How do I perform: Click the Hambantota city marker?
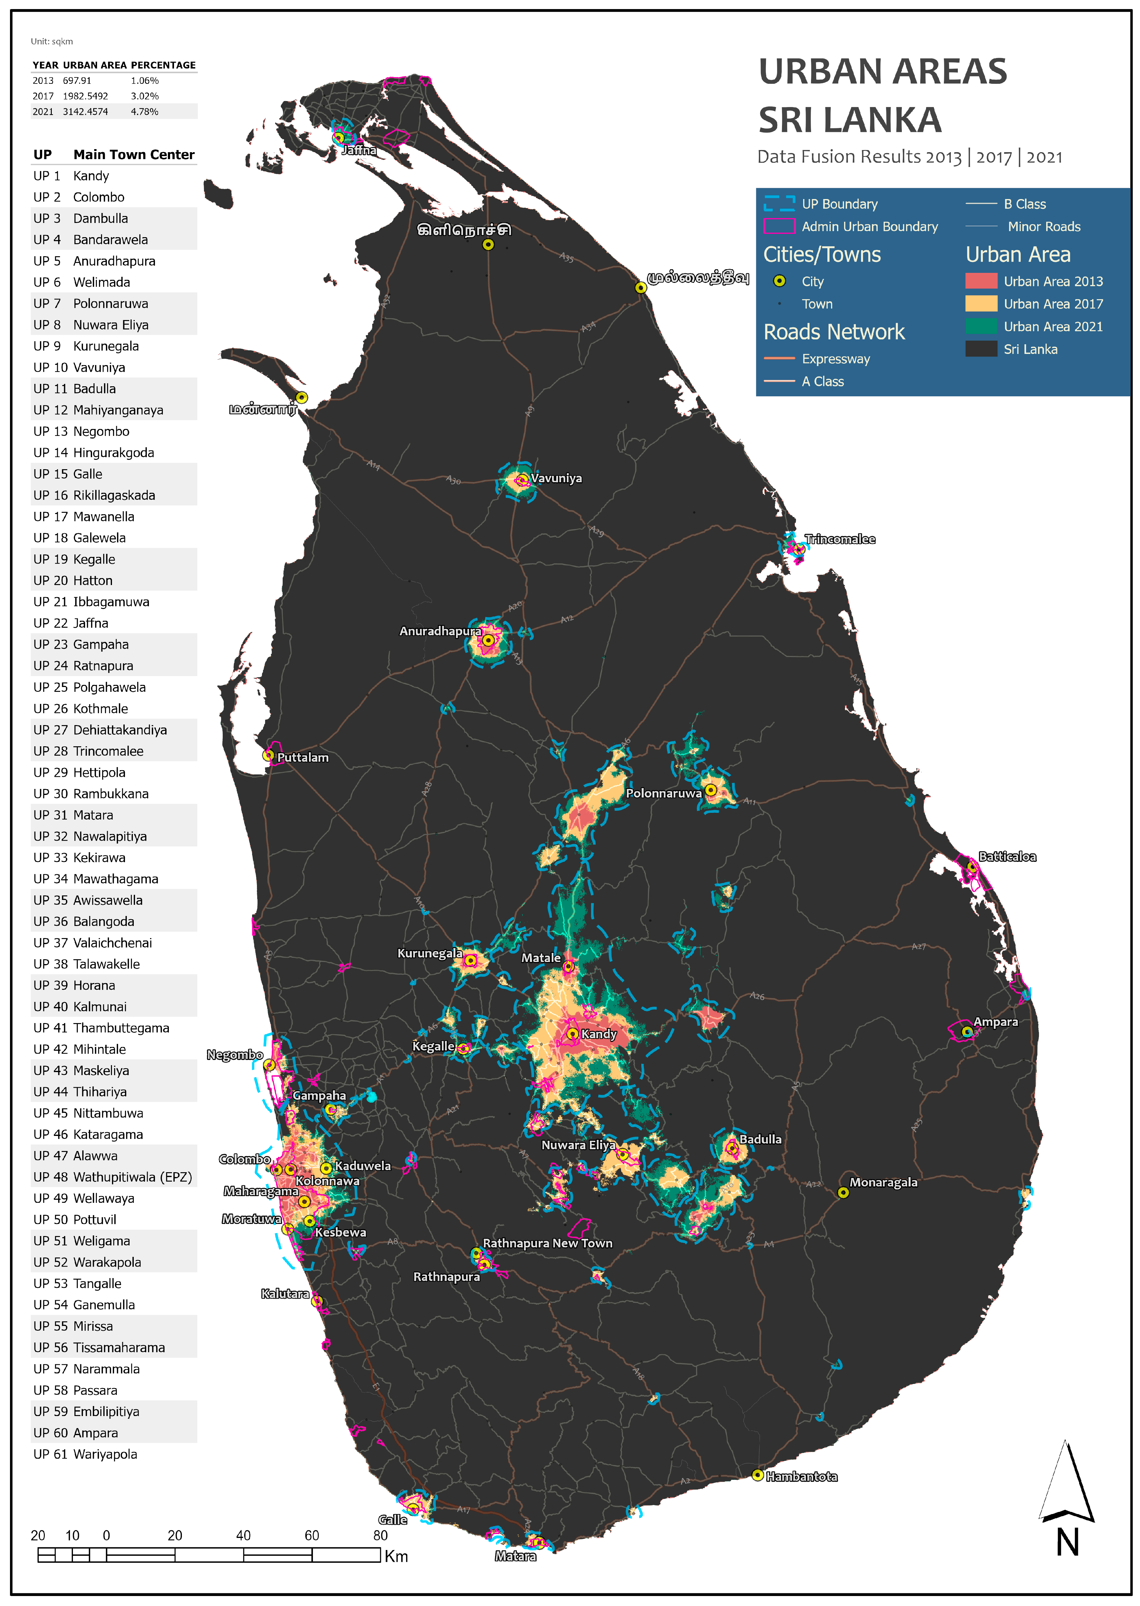(x=757, y=1475)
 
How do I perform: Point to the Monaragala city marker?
(x=843, y=1192)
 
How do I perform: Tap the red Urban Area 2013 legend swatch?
(x=981, y=281)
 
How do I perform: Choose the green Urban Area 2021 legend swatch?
(x=981, y=326)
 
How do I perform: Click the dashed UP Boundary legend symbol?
(x=779, y=204)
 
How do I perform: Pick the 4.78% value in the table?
(x=145, y=112)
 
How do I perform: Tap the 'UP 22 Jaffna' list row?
(x=71, y=623)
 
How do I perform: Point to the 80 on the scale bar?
(x=380, y=1535)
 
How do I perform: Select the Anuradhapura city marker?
(x=488, y=640)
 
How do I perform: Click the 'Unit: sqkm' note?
(x=52, y=41)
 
